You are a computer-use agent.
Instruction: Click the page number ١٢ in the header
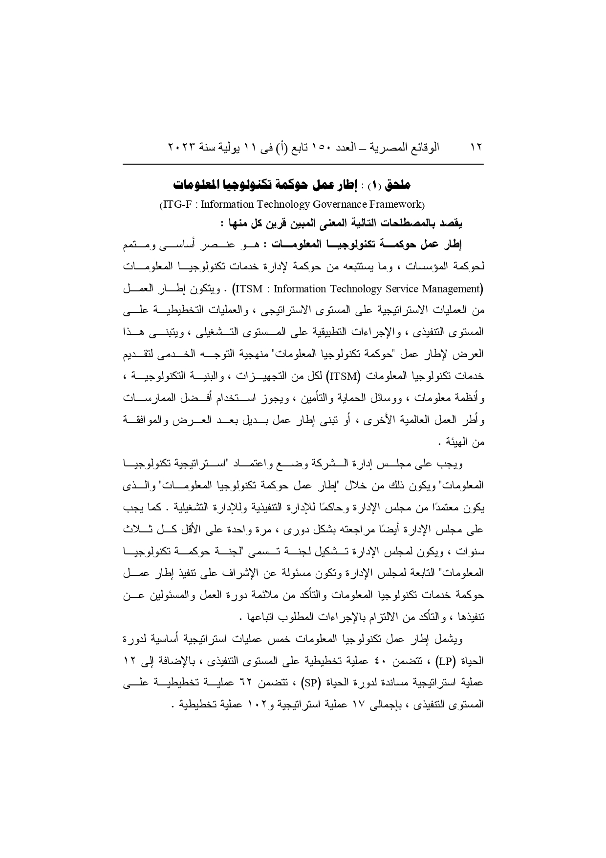[476, 147]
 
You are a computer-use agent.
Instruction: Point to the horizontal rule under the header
[303, 164]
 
